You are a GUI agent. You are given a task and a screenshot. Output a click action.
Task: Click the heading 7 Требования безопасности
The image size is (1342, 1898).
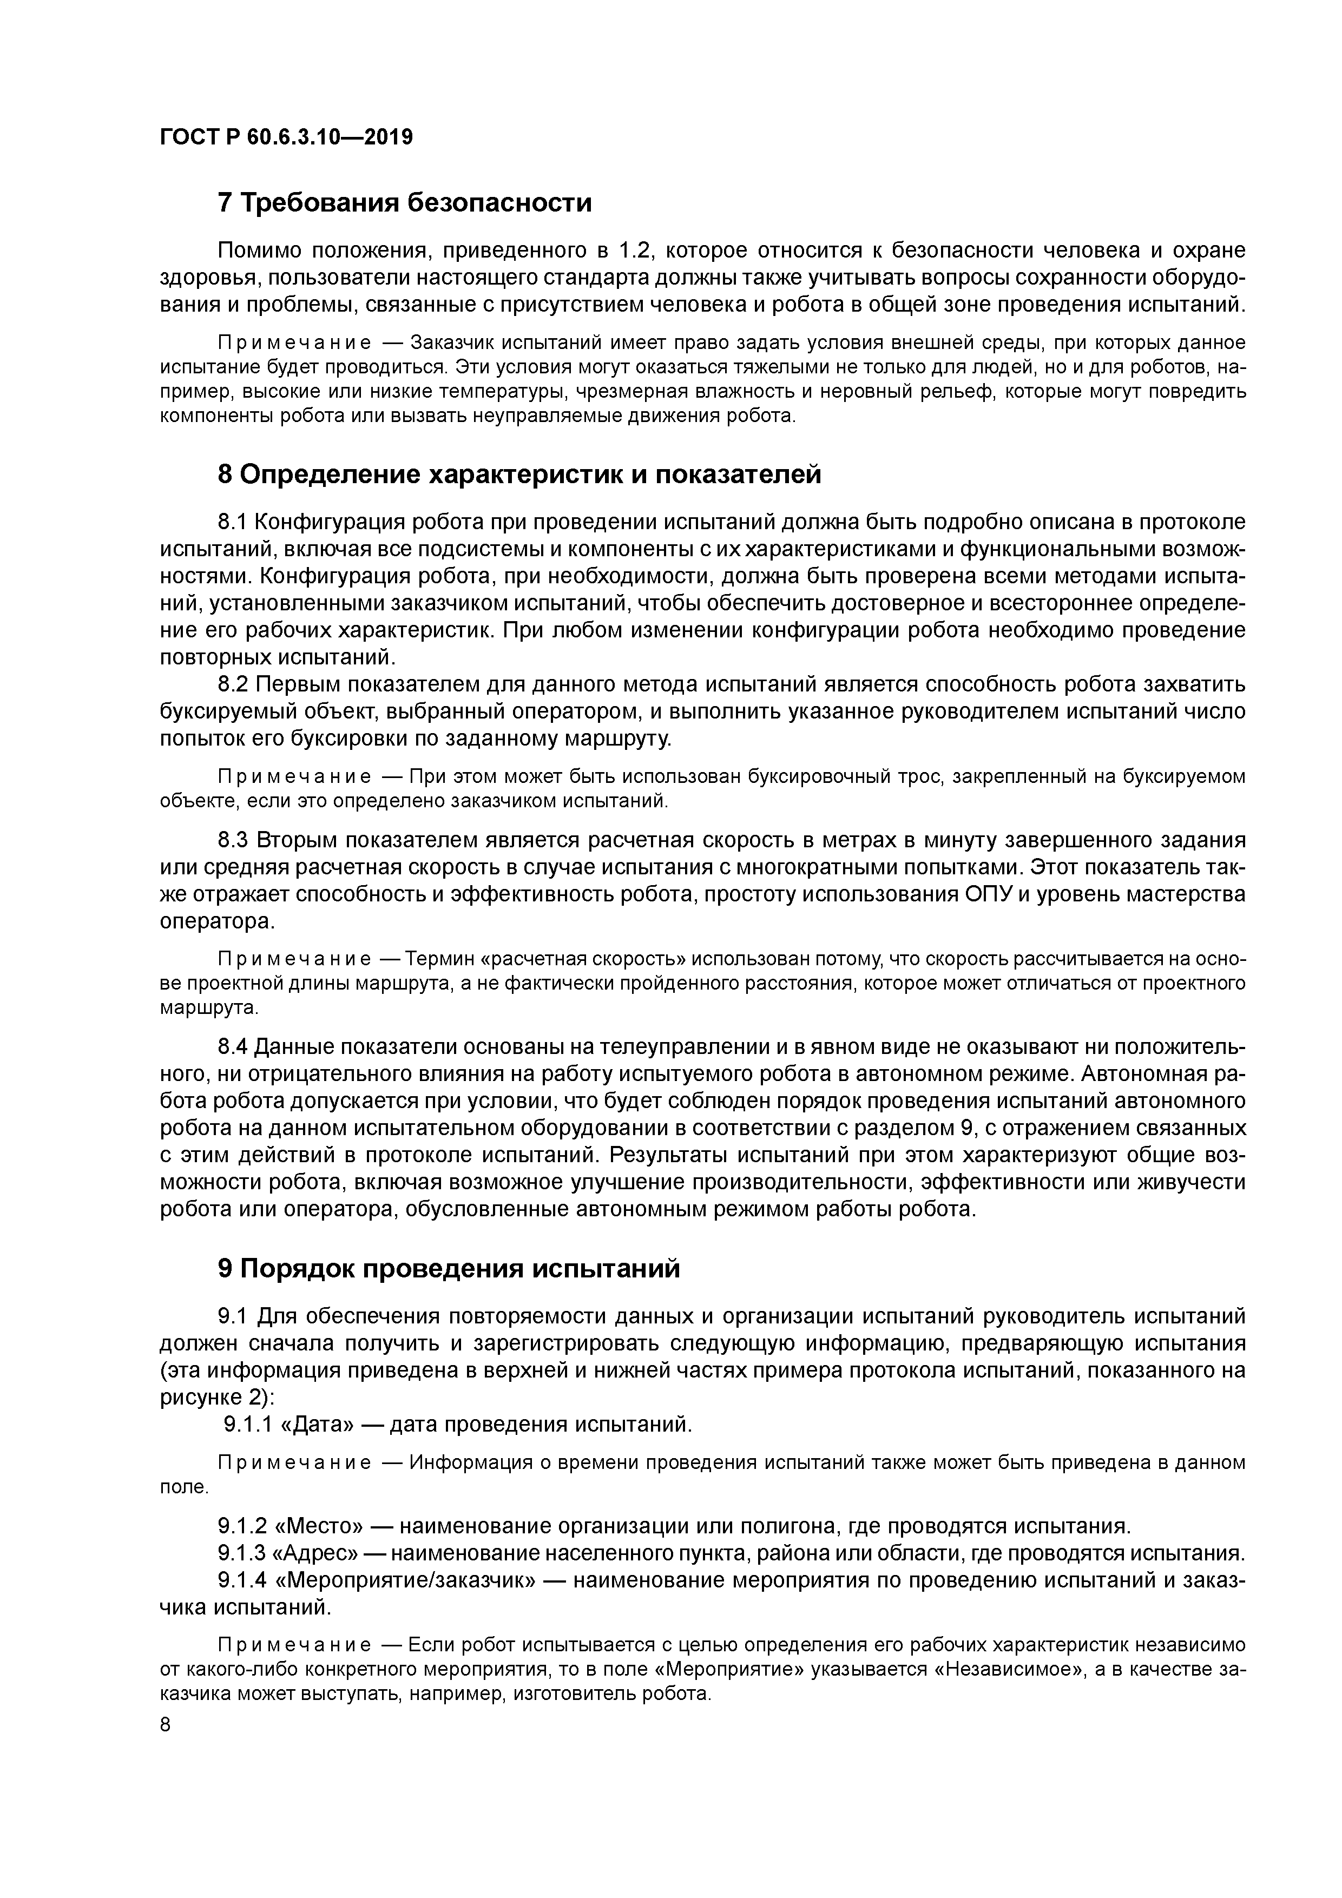404,202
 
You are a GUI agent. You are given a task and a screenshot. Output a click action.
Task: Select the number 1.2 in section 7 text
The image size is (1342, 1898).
637,251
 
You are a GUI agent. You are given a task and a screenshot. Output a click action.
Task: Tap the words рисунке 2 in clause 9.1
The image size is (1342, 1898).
209,1397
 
